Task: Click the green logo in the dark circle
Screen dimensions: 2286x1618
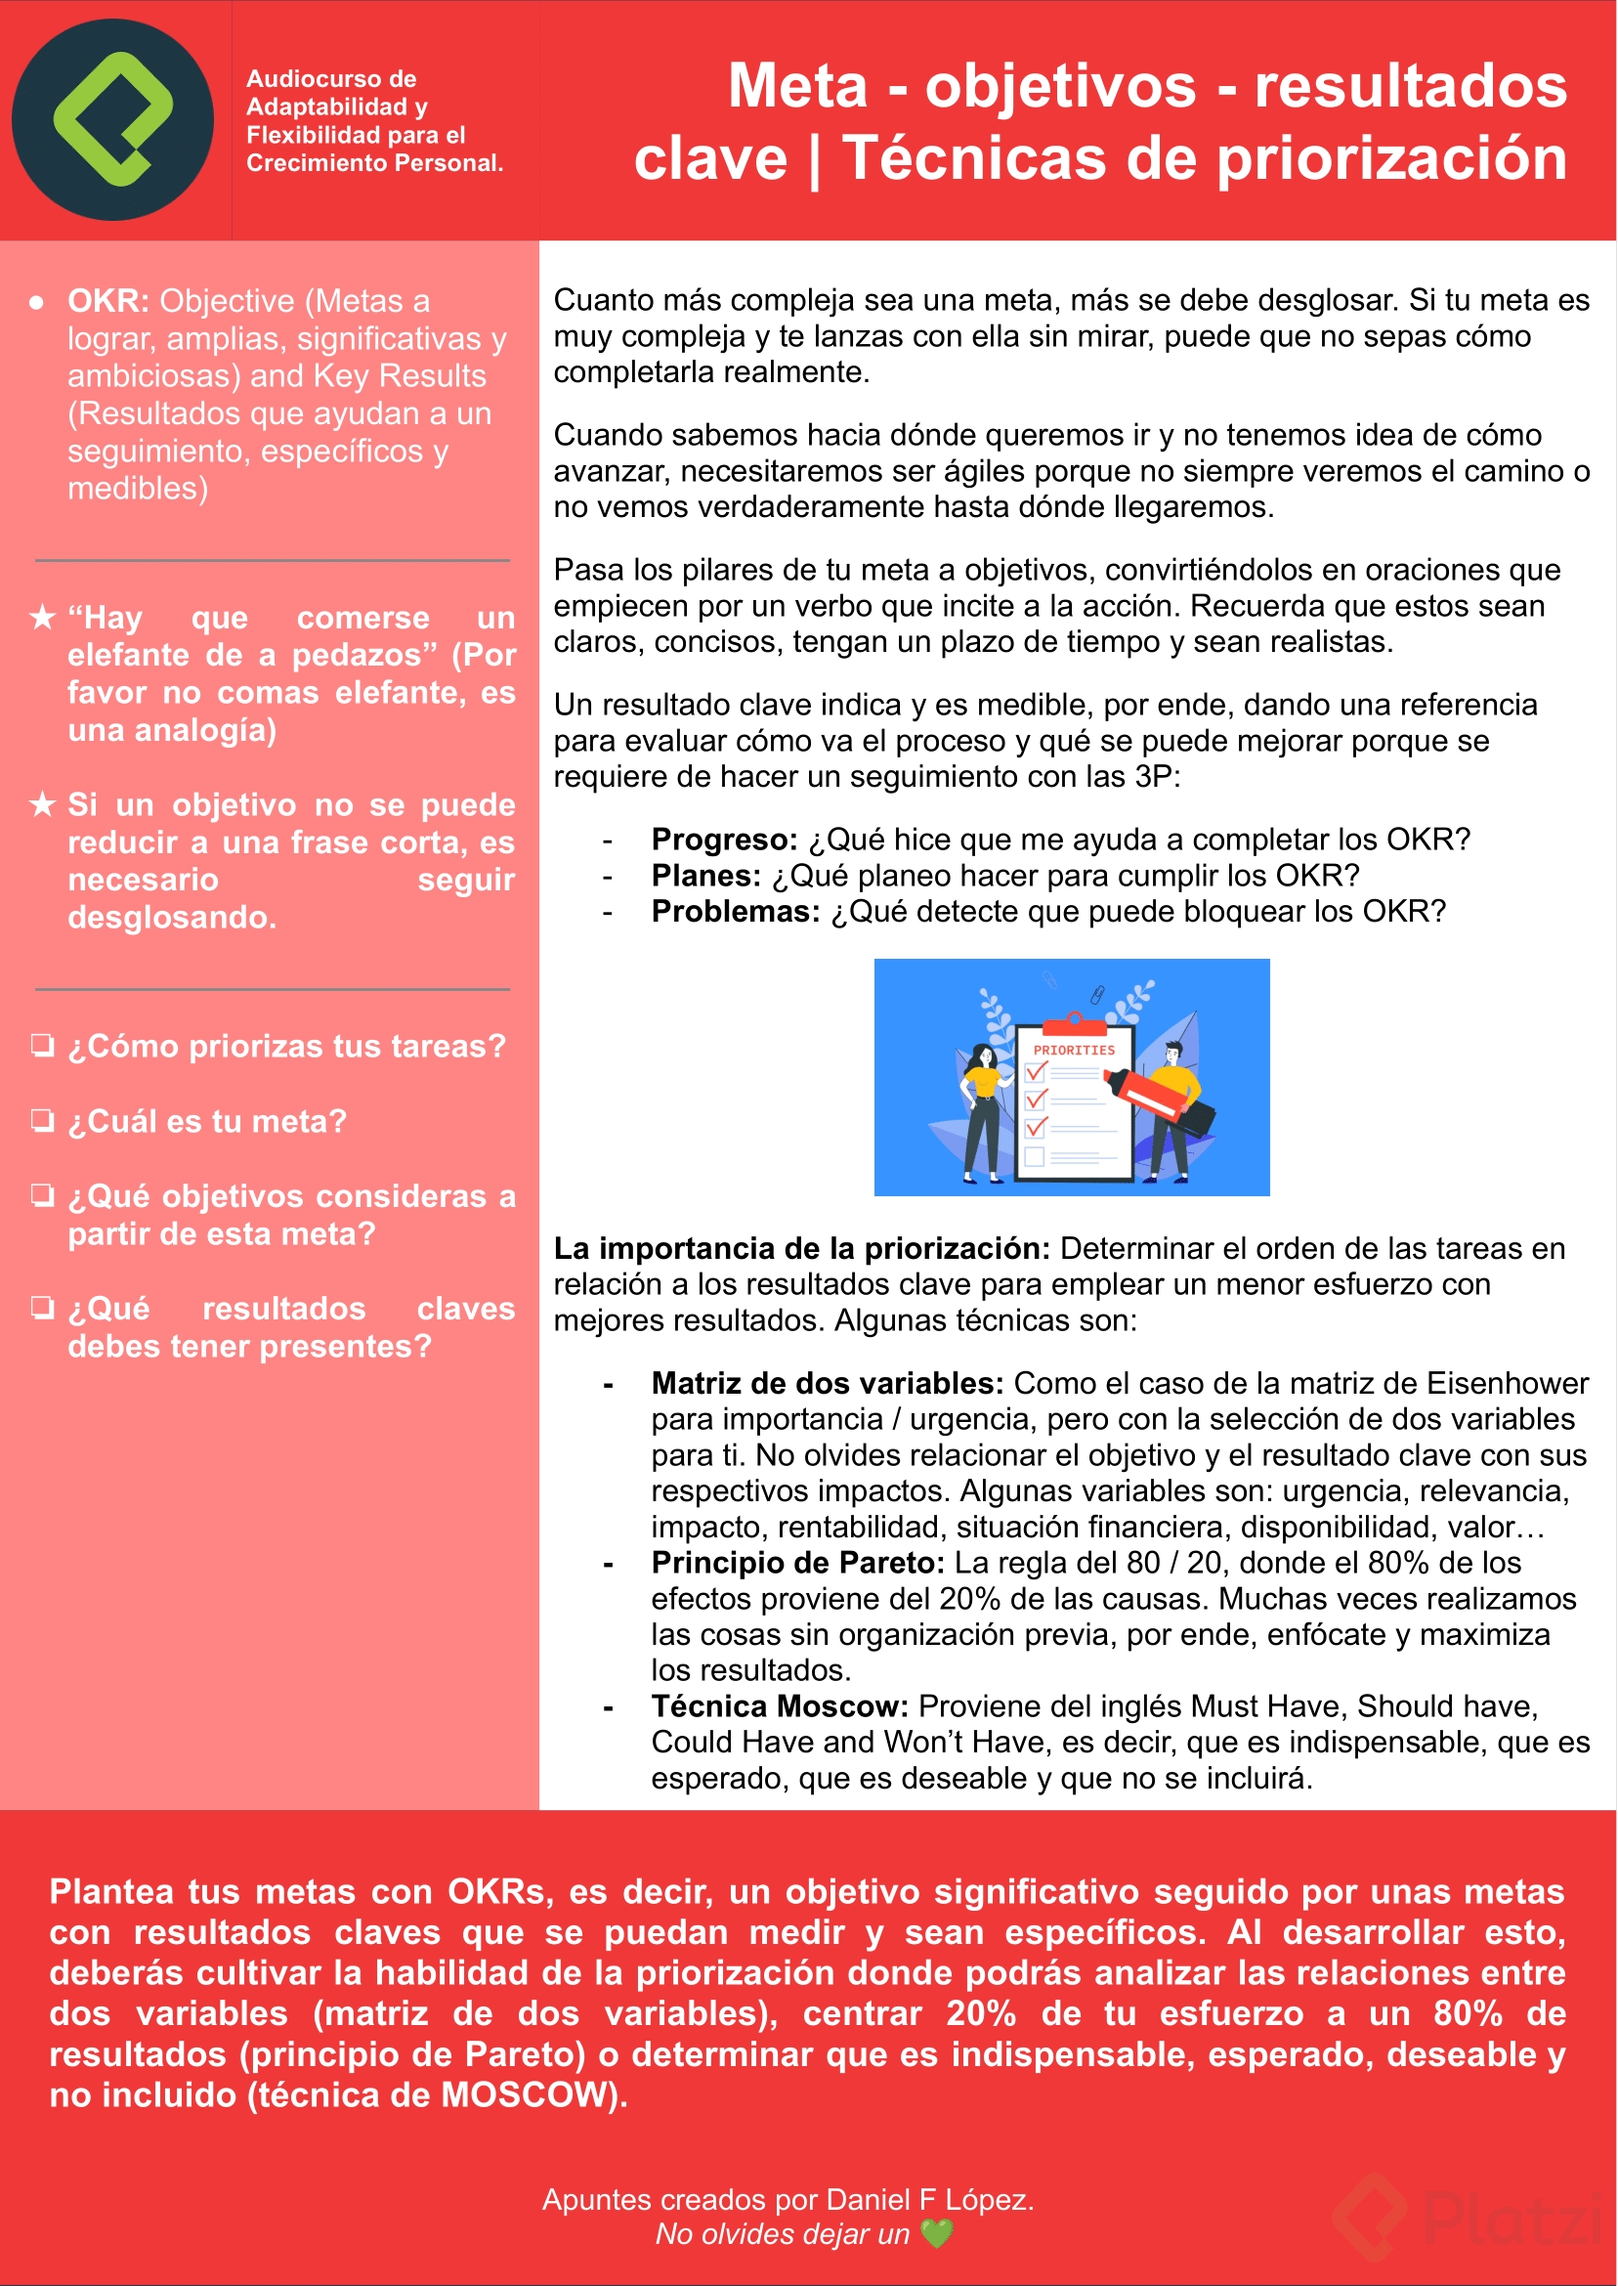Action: pos(112,118)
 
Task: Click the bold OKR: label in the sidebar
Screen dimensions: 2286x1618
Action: pos(107,301)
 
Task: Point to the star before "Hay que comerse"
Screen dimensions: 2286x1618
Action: pos(42,618)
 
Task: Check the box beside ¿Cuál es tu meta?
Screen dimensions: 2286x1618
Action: pos(42,1120)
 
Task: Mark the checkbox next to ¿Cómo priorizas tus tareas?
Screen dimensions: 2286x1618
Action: pos(42,1046)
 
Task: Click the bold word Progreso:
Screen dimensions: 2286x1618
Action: pos(724,840)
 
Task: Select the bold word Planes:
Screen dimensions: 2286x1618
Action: pos(705,875)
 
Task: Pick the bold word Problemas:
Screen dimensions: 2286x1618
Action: pos(736,911)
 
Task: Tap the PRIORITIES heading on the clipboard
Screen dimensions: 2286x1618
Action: pos(1073,1051)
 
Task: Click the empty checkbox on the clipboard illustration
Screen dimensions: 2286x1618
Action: pos(1035,1156)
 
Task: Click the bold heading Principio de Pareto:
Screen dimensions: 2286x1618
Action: pos(797,1563)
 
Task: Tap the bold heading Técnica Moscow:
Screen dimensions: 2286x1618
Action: pos(779,1706)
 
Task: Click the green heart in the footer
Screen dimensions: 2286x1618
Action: pos(936,2233)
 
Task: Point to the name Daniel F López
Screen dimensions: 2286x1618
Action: pos(929,2199)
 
